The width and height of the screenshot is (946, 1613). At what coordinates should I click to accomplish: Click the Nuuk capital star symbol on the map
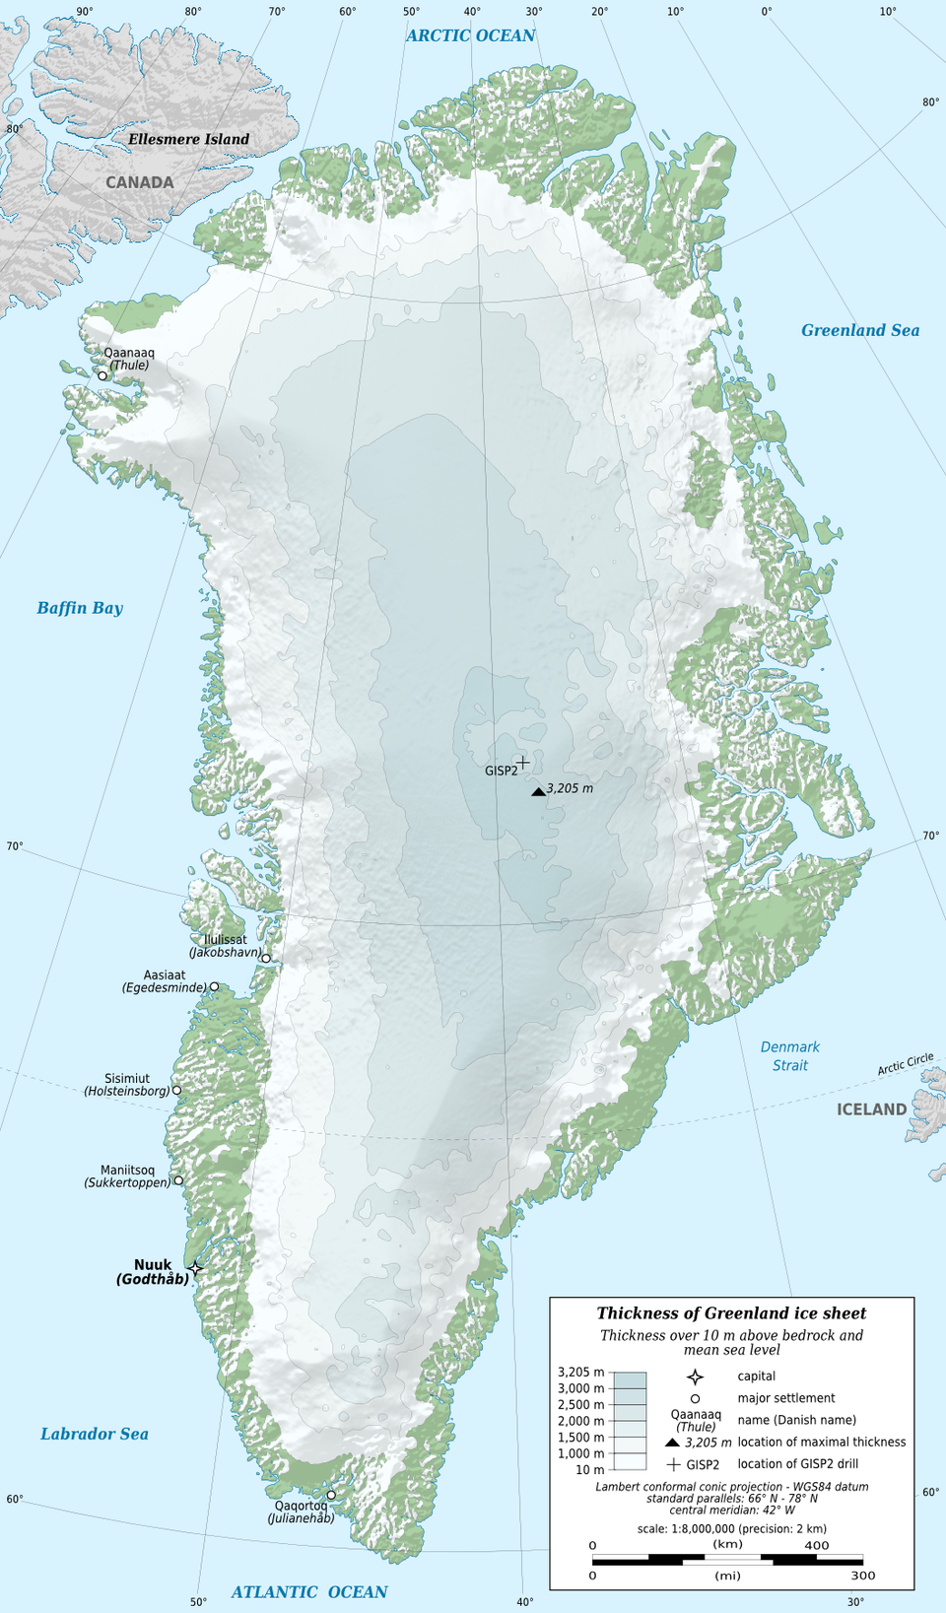point(195,1268)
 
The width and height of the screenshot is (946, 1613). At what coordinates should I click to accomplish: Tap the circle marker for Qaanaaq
point(102,375)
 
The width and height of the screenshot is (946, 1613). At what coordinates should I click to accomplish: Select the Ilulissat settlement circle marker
point(266,958)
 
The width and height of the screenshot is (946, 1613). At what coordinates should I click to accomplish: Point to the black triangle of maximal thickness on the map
point(538,791)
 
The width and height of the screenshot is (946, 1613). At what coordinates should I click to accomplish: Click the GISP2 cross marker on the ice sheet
point(523,762)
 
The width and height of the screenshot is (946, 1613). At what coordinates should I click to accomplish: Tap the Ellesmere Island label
point(188,139)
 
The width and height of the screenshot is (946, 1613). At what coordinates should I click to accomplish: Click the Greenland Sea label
point(859,330)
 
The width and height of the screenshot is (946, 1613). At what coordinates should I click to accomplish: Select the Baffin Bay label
point(80,608)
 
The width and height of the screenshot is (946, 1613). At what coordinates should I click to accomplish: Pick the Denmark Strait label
point(790,1055)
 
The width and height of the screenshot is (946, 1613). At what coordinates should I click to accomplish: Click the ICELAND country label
point(871,1109)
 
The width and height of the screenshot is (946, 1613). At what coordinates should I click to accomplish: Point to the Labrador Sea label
point(95,1434)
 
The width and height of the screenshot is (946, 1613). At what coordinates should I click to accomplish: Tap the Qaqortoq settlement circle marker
point(331,1495)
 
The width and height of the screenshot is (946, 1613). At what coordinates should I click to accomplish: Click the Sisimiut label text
point(127,1079)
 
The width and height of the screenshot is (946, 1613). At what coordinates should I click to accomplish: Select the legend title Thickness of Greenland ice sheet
point(731,1313)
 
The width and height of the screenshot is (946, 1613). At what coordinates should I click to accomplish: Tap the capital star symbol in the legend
point(695,1377)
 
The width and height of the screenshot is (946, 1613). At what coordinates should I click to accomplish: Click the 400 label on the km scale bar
point(816,1545)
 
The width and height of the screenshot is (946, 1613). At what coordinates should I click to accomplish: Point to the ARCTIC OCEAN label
point(470,35)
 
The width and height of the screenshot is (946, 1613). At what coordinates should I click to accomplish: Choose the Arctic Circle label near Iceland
point(906,1064)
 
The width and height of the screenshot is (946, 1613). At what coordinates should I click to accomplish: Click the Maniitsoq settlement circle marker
point(179,1180)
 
